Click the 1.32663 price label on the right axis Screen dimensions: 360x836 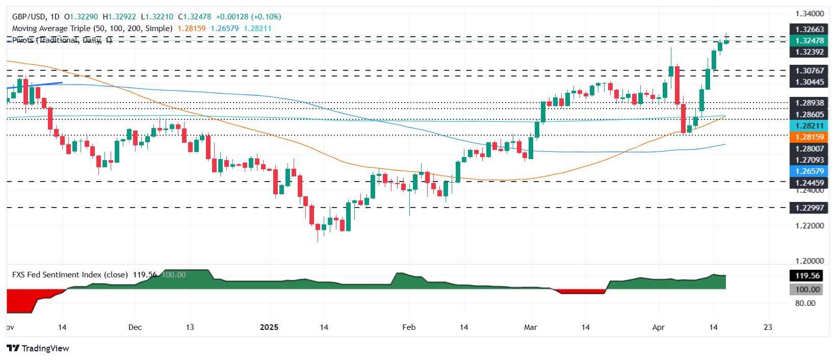click(x=809, y=30)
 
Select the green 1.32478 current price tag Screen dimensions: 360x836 click(x=809, y=41)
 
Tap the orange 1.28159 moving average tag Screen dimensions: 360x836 click(x=809, y=137)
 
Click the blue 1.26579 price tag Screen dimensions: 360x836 click(x=809, y=171)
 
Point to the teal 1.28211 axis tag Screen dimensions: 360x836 click(x=809, y=126)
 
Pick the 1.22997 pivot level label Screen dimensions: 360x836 click(x=809, y=208)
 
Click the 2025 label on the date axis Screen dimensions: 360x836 click(x=269, y=327)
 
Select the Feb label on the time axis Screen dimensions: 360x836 click(x=409, y=327)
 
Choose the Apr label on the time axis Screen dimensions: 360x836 click(x=658, y=327)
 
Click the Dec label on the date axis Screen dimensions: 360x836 click(x=135, y=327)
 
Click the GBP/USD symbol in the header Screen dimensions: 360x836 click(x=29, y=17)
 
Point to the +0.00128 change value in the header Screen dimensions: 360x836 click(x=232, y=17)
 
